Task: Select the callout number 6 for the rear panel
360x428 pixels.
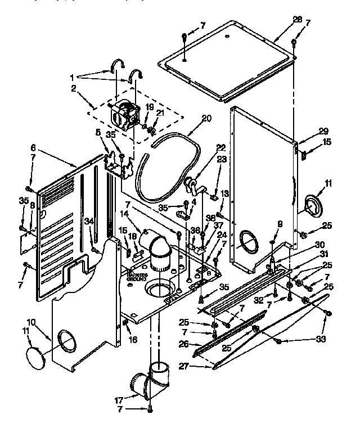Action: (x=33, y=147)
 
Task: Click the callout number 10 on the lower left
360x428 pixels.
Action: (x=31, y=322)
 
